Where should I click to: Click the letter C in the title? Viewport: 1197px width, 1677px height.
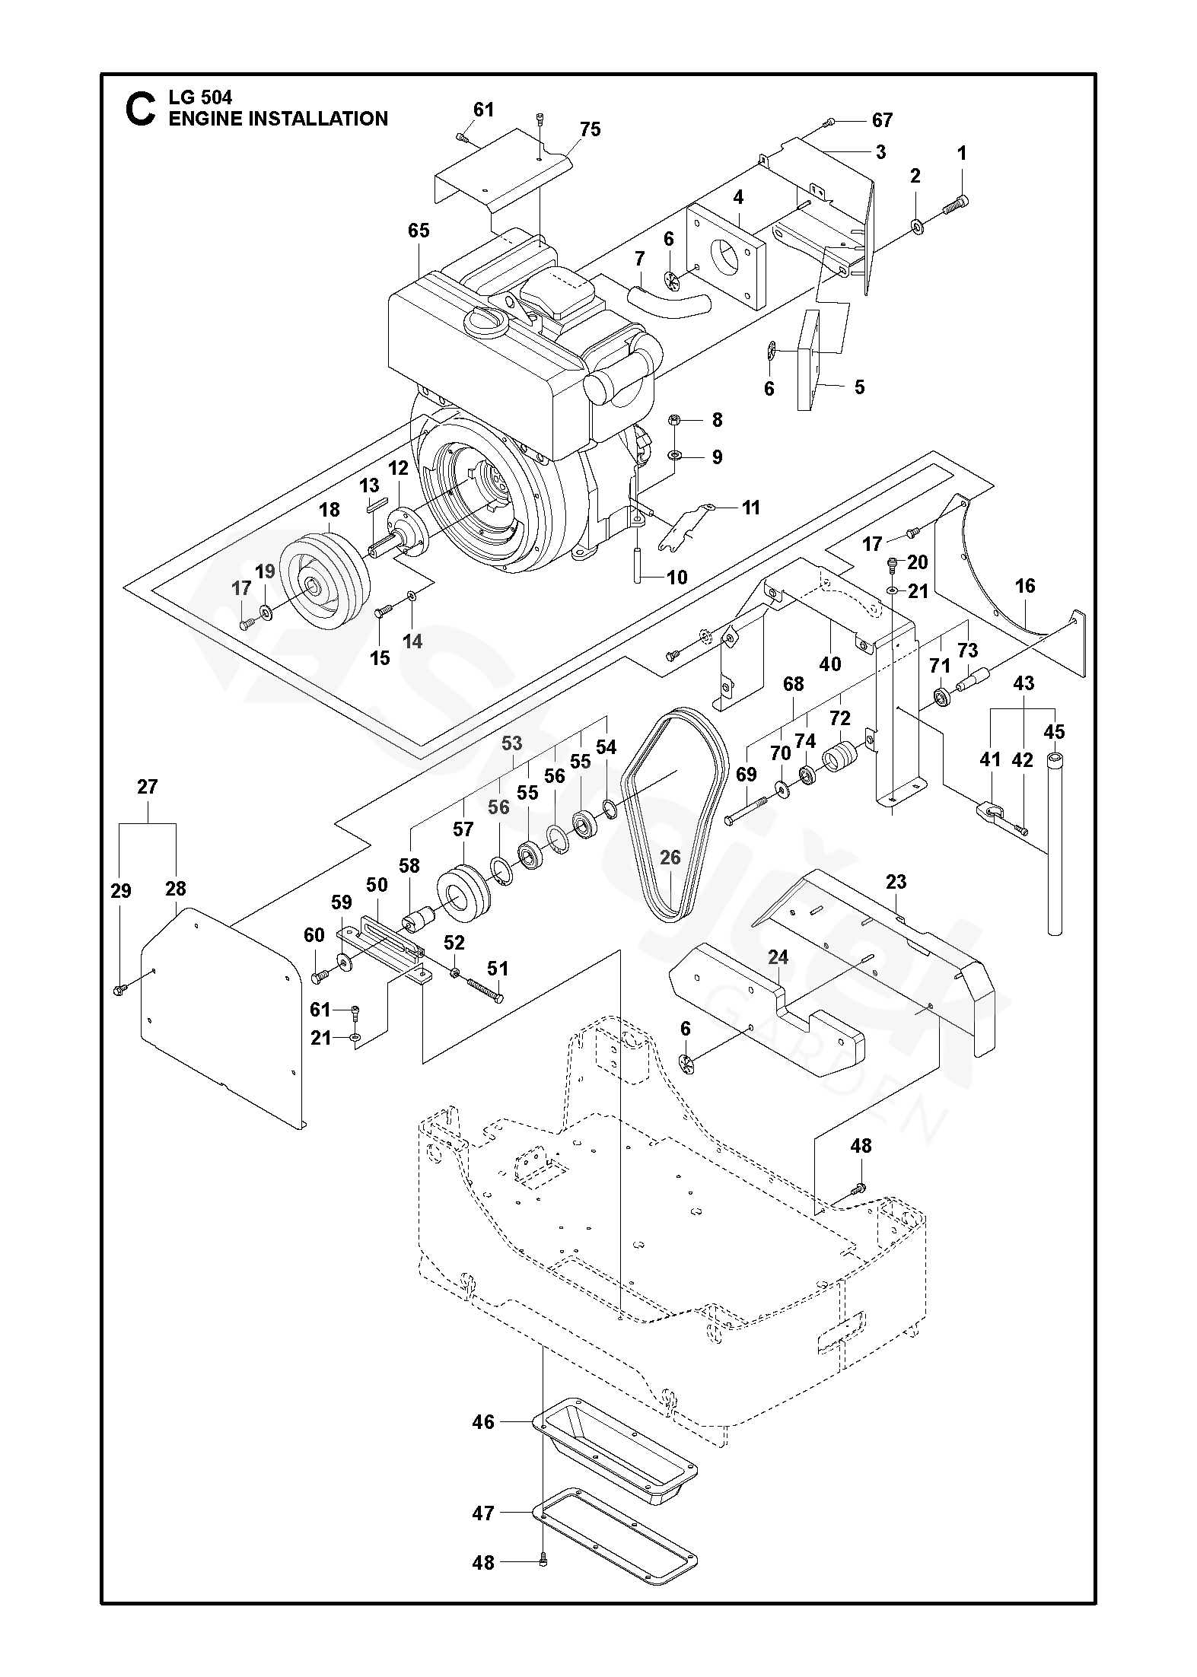coord(140,109)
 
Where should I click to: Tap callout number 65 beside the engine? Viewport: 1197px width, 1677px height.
coord(419,230)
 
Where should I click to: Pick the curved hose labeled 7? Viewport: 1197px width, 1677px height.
coord(666,302)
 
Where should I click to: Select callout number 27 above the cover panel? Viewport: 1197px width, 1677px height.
coord(147,786)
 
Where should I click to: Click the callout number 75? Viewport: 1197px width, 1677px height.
coord(590,129)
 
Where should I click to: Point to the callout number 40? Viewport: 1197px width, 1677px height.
coord(829,663)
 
